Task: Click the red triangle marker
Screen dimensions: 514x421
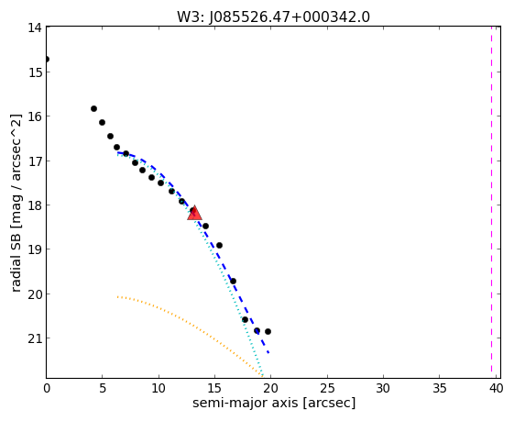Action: click(x=194, y=213)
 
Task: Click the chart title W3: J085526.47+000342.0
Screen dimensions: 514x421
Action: click(x=273, y=17)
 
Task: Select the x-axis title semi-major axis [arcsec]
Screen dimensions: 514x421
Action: click(x=274, y=403)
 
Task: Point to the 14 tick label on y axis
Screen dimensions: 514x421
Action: click(x=35, y=28)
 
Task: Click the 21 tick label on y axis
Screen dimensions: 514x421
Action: click(x=35, y=338)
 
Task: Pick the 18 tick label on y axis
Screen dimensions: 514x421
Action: click(x=35, y=205)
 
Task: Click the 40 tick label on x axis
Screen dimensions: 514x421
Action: click(x=496, y=389)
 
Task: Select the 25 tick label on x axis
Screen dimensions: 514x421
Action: click(x=327, y=389)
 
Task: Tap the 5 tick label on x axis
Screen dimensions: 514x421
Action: click(x=103, y=389)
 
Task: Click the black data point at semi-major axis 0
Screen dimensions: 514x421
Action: click(x=47, y=60)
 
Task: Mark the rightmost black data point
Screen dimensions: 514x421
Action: click(x=268, y=331)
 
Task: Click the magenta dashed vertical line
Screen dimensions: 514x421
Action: click(x=491, y=199)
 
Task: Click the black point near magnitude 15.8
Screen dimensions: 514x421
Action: click(x=93, y=108)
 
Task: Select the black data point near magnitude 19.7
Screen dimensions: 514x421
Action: click(x=233, y=282)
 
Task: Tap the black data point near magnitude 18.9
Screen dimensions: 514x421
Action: click(x=219, y=246)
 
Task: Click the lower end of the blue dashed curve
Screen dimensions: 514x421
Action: click(x=268, y=353)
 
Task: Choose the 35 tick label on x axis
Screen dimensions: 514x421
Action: click(x=440, y=389)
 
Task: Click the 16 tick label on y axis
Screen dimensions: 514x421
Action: click(x=35, y=116)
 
